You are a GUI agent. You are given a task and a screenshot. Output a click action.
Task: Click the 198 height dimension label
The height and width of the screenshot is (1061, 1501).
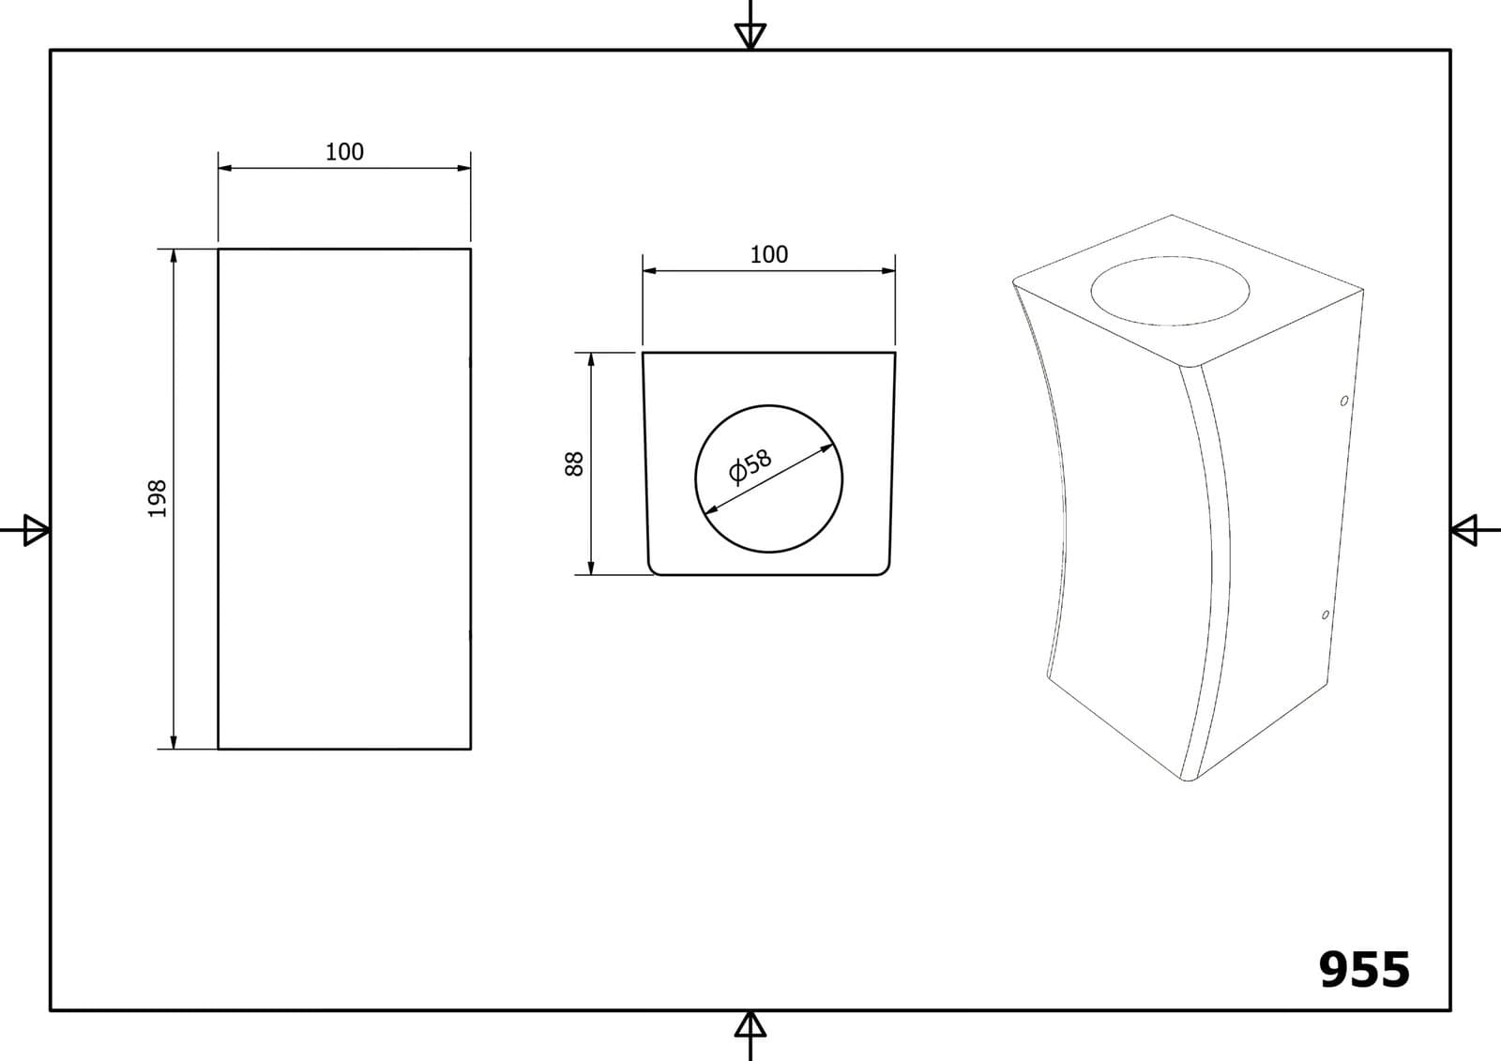point(157,499)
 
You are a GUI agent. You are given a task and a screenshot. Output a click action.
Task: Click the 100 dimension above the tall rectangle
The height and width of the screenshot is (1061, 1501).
point(344,152)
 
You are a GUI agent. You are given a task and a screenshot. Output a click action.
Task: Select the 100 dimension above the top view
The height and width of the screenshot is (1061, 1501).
point(768,254)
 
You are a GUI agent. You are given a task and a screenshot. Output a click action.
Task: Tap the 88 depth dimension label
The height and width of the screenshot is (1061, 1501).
point(574,463)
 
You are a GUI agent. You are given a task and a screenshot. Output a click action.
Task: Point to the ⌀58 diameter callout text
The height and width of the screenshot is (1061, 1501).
point(750,466)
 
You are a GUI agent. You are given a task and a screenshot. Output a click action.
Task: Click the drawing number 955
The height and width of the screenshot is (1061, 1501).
point(1364,970)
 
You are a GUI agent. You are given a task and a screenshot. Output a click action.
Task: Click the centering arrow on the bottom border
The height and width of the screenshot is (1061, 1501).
point(750,1036)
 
